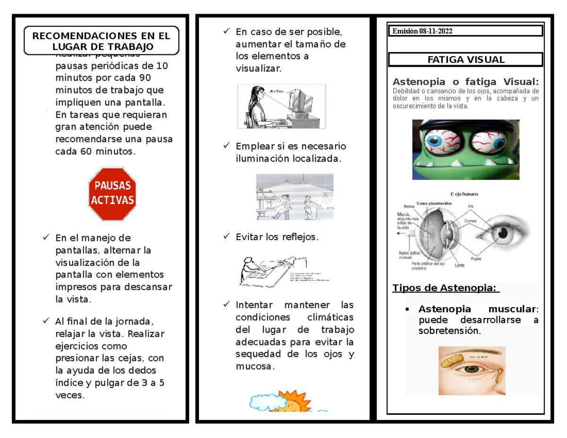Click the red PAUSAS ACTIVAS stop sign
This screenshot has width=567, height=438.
click(x=112, y=193)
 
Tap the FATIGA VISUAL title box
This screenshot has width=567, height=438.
click(x=465, y=60)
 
